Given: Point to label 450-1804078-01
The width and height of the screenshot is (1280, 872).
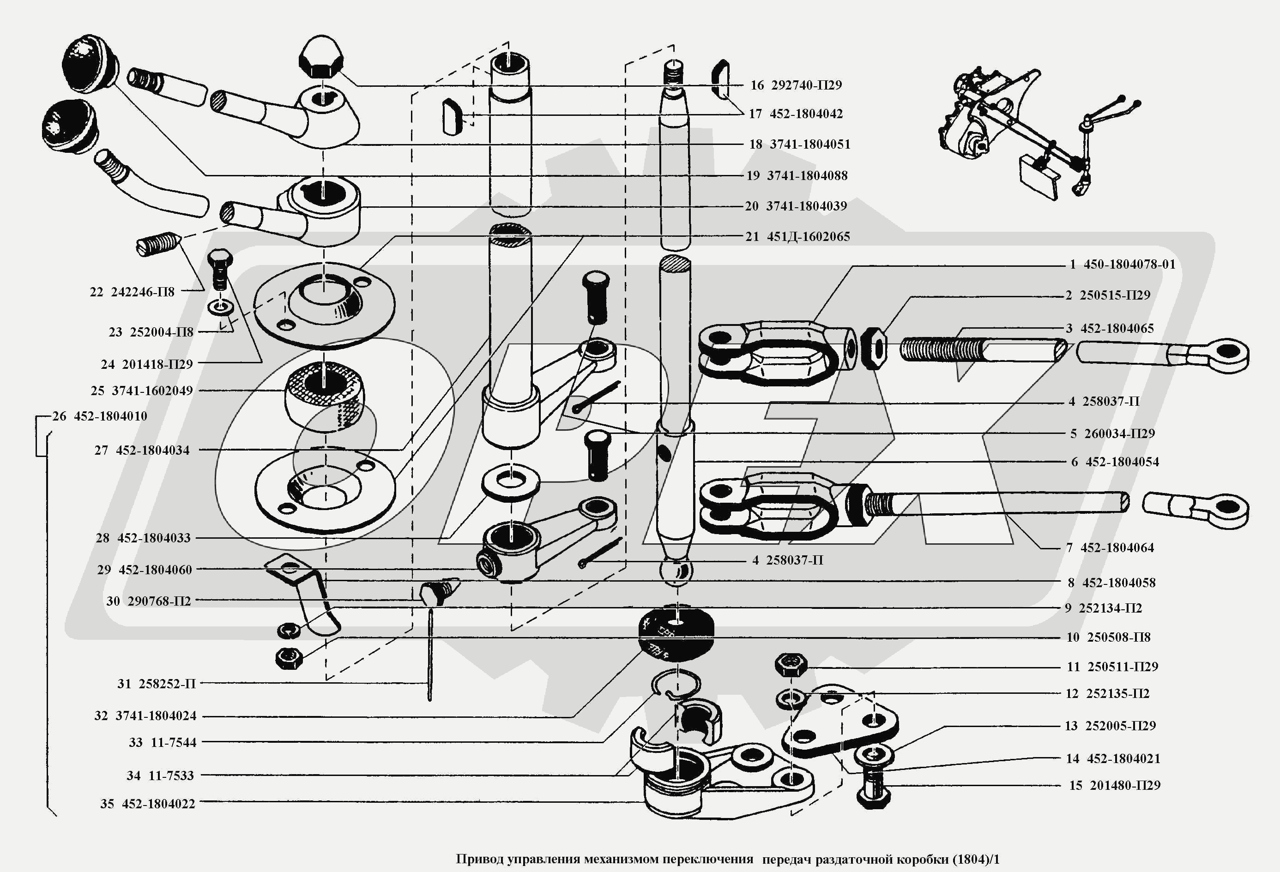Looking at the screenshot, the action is tap(1129, 264).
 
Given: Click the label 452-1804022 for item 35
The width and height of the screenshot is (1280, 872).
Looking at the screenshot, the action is tap(159, 804).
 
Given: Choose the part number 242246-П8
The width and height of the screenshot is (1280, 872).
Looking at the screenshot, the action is tap(143, 292).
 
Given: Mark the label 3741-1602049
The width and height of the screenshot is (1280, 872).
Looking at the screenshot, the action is tap(152, 391).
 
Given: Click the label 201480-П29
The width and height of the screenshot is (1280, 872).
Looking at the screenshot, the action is tap(1125, 786).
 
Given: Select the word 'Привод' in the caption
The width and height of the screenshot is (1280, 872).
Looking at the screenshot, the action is tap(479, 860).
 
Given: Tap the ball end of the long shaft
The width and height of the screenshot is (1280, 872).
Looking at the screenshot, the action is tap(675, 570).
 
